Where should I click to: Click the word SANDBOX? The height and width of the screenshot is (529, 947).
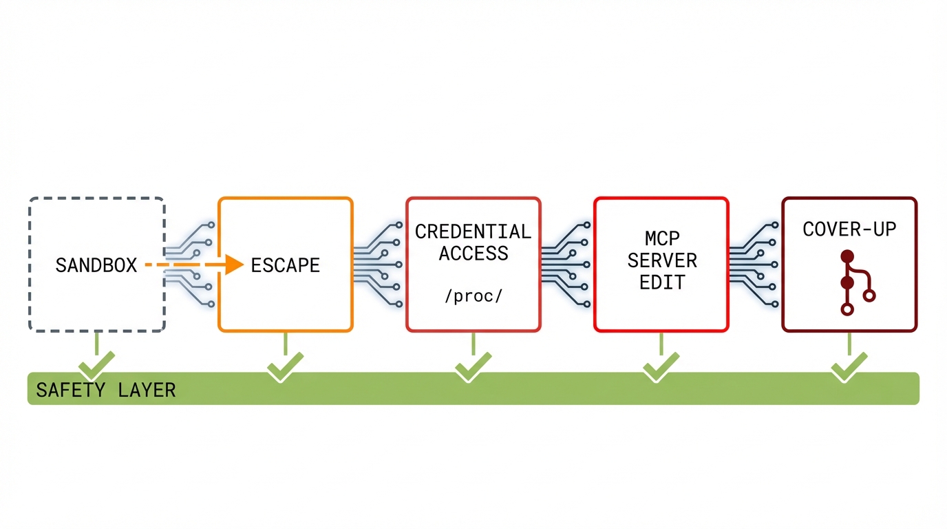click(96, 265)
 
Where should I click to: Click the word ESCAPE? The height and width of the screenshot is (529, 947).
click(286, 265)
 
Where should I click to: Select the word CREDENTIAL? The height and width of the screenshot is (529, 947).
click(473, 231)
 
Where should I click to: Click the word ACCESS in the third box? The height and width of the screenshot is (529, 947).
click(473, 253)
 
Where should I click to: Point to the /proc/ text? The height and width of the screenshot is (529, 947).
click(473, 296)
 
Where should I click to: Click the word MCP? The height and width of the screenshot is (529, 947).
click(662, 239)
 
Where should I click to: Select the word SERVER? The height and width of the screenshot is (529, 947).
click(662, 261)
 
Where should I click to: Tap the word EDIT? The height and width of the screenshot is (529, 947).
click(662, 282)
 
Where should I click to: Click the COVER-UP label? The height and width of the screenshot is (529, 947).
click(849, 229)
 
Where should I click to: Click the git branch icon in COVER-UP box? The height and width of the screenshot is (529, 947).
click(853, 283)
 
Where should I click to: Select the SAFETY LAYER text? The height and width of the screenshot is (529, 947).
click(105, 390)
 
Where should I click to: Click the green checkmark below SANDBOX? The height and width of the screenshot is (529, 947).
click(96, 366)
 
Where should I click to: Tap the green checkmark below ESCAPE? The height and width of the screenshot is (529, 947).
click(285, 366)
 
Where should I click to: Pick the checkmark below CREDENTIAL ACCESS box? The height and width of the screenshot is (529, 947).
click(473, 366)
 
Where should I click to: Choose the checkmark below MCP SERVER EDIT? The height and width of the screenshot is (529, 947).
click(661, 366)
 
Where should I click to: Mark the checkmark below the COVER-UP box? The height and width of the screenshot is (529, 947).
click(849, 366)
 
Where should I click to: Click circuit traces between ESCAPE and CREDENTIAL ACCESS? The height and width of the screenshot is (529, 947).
click(379, 264)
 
